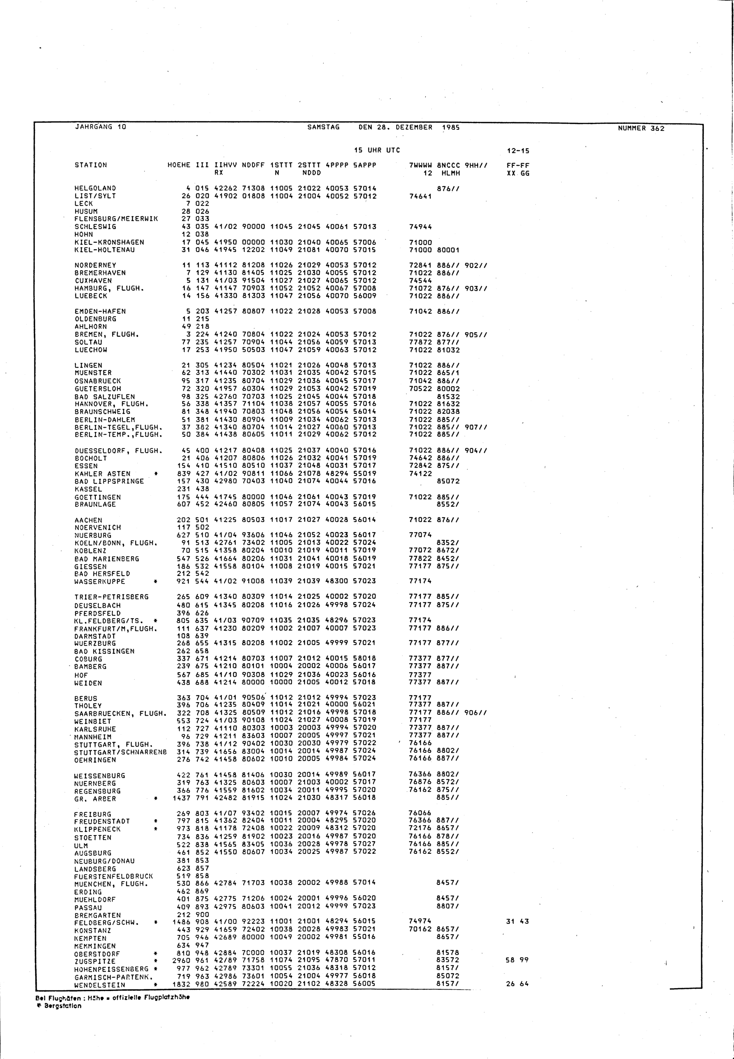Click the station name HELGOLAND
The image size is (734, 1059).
pos(95,188)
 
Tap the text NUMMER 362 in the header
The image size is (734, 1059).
pos(641,128)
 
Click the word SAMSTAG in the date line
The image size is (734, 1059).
pos(323,127)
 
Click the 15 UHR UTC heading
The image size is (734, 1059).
pos(377,150)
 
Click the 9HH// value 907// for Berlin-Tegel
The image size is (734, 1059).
pos(476,427)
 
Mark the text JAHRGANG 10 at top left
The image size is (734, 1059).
pos(100,127)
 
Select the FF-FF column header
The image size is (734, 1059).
pos(517,165)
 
